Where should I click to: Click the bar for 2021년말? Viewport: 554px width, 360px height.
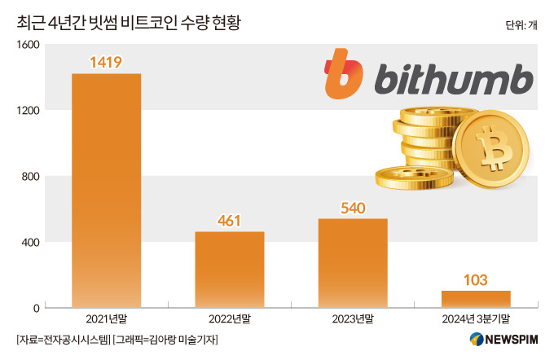tap(106, 191)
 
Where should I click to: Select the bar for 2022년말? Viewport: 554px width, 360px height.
tap(229, 270)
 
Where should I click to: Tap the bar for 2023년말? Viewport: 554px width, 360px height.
tap(352, 263)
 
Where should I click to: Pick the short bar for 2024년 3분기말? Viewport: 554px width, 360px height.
tap(476, 299)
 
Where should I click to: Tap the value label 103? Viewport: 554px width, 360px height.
tap(476, 279)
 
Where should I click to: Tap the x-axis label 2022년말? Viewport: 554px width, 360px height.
tap(229, 319)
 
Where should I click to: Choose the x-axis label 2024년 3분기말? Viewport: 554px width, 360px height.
tap(476, 319)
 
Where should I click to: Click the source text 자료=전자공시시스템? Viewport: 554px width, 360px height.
tap(62, 340)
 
